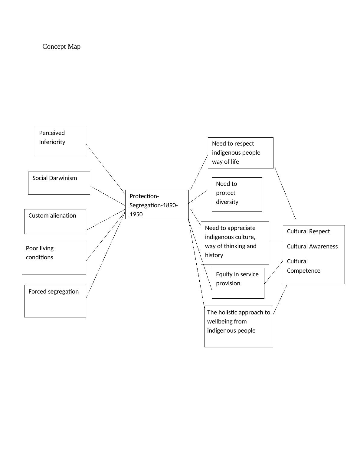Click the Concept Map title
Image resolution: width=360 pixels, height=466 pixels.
(x=61, y=47)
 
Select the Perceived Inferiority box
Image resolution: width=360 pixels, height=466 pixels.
(x=60, y=141)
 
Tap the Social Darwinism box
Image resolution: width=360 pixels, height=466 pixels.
(x=59, y=183)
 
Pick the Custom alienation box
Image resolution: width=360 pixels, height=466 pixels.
(x=55, y=222)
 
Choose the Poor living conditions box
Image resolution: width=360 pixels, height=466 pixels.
(x=54, y=258)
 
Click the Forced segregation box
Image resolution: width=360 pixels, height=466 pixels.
(x=55, y=301)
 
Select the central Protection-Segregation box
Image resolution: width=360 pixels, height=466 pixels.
(x=157, y=204)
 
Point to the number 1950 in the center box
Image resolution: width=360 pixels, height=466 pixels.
(x=136, y=215)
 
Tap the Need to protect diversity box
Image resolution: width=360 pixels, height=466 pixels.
(x=237, y=194)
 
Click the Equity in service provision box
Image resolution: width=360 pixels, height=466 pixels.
(x=238, y=283)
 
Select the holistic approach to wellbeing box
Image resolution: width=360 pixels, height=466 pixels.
(x=239, y=326)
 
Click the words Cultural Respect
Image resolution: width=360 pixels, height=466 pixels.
(x=308, y=231)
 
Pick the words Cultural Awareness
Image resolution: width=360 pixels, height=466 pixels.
(x=312, y=247)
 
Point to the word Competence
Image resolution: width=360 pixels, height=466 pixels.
(x=303, y=271)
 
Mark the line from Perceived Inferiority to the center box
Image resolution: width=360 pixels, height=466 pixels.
(x=106, y=169)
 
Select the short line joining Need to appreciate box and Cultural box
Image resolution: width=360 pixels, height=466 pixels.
(x=276, y=242)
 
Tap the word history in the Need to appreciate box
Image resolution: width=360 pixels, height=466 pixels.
(x=214, y=255)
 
